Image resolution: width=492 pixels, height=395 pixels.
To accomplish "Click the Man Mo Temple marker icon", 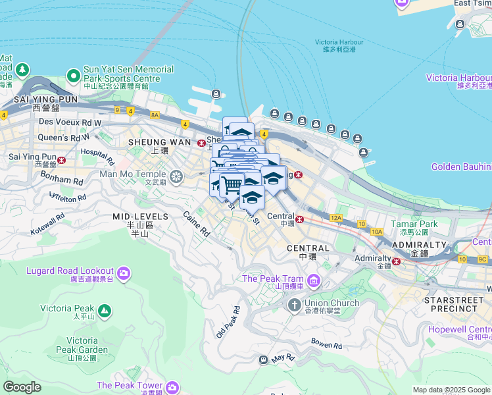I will click(x=176, y=176).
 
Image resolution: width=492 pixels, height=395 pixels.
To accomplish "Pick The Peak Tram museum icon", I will click(x=314, y=282).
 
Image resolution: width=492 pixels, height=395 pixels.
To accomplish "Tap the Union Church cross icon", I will click(x=294, y=305).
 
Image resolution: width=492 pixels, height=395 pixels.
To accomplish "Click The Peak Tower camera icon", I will click(x=172, y=386).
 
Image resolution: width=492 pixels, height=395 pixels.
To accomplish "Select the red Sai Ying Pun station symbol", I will click(x=61, y=159).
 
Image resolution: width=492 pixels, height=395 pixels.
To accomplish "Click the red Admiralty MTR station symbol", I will click(x=397, y=261).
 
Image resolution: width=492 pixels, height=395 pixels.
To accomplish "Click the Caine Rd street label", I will click(x=196, y=224).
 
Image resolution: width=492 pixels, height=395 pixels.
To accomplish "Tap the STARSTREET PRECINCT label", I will click(x=454, y=303).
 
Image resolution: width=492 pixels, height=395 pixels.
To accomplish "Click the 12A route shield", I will click(x=336, y=217).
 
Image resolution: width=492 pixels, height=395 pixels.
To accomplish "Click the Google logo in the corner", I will click(x=22, y=387).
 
